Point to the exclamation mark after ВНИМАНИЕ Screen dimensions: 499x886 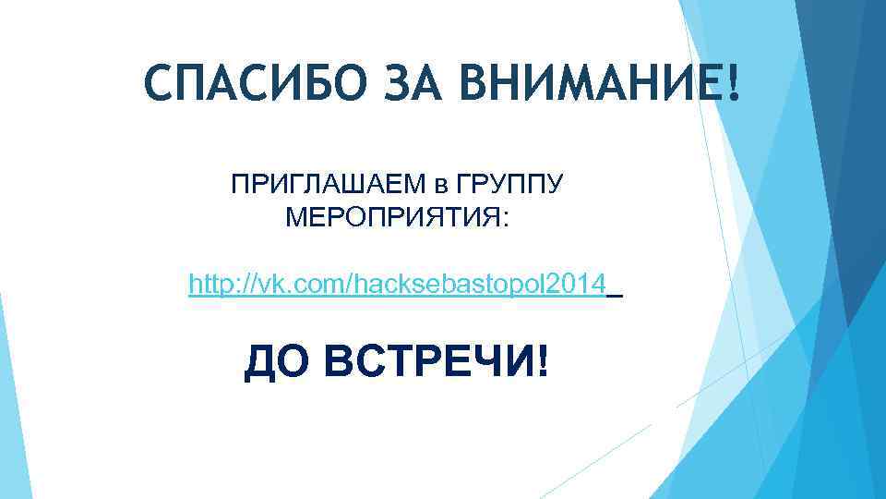[x=734, y=85]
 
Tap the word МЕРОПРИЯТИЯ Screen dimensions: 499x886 [x=392, y=219]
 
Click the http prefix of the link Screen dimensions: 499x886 [x=209, y=283]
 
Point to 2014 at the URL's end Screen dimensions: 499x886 [x=582, y=283]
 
